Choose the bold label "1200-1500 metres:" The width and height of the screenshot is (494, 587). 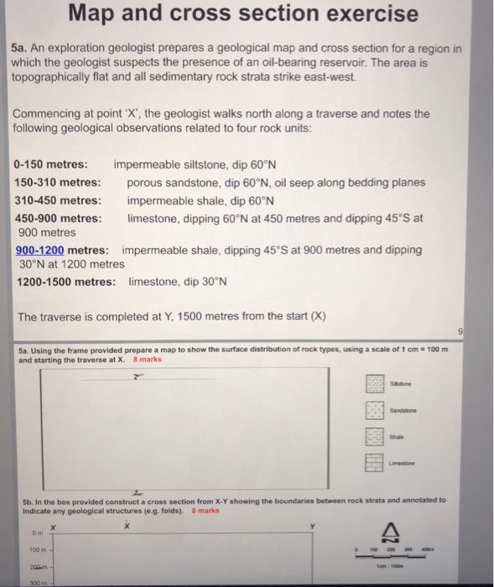point(66,282)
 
